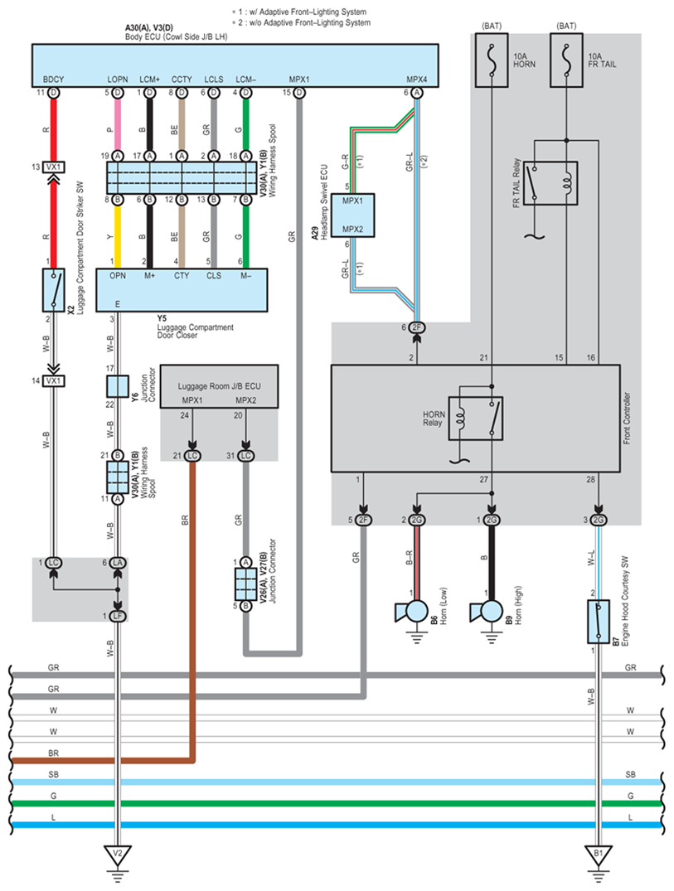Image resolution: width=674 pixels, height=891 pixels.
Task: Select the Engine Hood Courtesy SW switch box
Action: tap(598, 622)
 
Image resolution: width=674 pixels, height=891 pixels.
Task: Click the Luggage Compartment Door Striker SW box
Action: tap(54, 289)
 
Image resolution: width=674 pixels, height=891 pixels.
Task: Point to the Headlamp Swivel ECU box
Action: tap(353, 215)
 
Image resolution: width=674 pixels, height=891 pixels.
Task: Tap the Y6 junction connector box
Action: tap(117, 386)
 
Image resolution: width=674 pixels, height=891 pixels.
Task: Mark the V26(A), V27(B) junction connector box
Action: tap(245, 585)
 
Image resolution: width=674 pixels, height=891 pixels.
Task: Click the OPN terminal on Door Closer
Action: tap(117, 276)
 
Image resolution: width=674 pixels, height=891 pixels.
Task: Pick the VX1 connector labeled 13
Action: tap(54, 167)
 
